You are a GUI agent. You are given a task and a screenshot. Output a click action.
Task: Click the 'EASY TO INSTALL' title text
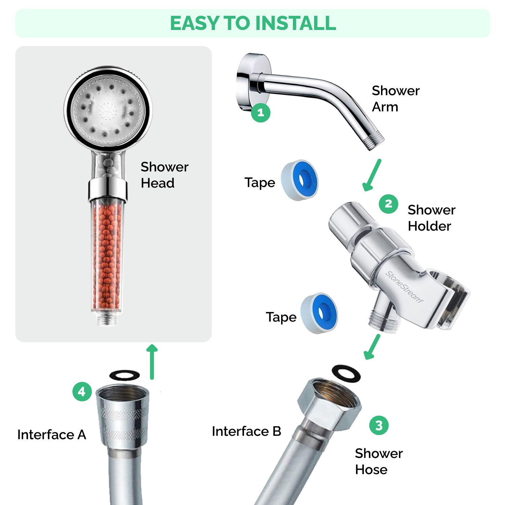[253, 23]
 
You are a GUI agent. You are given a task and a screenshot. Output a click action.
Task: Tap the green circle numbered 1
[261, 112]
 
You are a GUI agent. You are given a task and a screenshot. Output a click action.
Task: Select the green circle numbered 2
[388, 204]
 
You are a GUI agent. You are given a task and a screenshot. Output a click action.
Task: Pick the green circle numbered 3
[379, 425]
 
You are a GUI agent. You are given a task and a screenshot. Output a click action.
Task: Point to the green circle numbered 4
[82, 392]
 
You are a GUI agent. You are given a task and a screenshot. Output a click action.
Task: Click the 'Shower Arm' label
[395, 99]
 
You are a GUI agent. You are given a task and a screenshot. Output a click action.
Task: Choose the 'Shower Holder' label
[431, 218]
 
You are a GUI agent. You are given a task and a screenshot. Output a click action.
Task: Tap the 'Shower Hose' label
[378, 461]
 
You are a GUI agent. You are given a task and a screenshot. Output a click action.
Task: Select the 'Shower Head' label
[164, 175]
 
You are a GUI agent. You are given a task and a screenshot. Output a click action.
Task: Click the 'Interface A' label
[52, 435]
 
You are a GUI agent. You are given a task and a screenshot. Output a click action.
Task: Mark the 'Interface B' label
[246, 431]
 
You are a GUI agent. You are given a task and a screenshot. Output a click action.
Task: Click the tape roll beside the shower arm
[300, 180]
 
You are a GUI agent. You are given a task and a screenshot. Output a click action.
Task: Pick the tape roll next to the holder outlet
[319, 313]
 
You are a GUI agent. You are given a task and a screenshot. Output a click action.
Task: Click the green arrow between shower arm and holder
[372, 175]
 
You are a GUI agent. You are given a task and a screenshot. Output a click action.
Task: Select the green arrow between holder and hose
[372, 347]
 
